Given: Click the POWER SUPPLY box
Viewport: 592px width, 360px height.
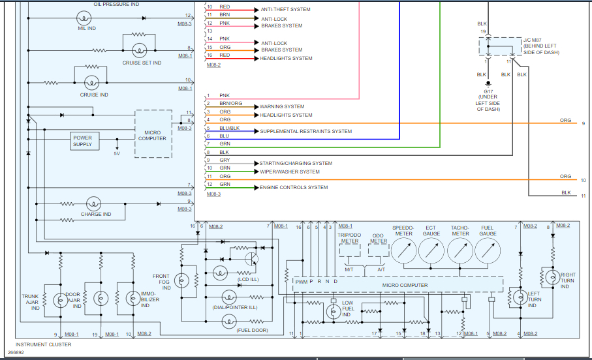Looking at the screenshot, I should click(x=82, y=141).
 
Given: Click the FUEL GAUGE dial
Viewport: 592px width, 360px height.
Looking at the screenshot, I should click(x=488, y=250).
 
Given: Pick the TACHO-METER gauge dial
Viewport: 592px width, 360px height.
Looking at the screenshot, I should click(x=460, y=250).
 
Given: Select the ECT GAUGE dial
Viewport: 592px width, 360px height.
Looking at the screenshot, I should click(x=431, y=250).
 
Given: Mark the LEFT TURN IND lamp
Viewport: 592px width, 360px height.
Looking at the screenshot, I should click(x=520, y=296).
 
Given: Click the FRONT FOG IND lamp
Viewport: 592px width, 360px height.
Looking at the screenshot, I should click(x=183, y=280).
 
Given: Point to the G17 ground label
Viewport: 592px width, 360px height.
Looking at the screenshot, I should click(x=488, y=92).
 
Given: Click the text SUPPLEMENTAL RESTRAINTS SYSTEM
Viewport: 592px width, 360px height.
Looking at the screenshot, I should click(x=305, y=132).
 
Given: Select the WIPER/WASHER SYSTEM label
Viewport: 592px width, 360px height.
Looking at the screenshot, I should click(x=290, y=172).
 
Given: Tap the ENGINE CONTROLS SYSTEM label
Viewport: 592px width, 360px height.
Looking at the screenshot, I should click(x=294, y=188).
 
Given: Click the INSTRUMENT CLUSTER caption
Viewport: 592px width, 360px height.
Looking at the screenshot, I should click(x=43, y=344).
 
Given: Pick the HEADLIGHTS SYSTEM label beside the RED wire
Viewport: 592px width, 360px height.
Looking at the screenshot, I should click(x=287, y=59).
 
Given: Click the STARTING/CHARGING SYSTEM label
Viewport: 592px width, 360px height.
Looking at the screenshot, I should click(x=296, y=163).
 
